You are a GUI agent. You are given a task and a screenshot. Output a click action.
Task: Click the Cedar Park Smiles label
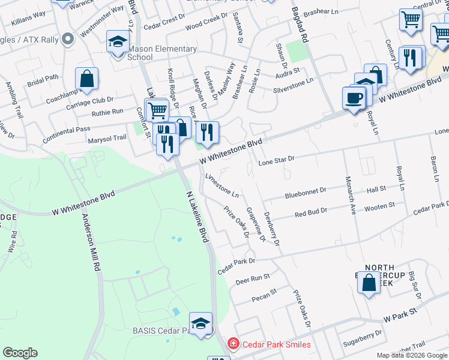click(x=277, y=344)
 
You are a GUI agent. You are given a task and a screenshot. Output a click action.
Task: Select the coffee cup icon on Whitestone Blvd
click(x=354, y=98)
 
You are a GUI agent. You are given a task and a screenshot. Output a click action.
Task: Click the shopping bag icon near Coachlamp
click(x=86, y=79)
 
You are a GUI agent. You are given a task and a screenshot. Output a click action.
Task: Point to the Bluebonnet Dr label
click(x=306, y=191)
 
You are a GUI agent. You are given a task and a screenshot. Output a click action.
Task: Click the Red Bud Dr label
click(x=310, y=212)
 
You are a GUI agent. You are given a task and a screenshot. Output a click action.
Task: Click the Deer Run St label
click(x=253, y=279)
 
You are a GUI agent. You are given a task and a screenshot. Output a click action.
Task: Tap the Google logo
click(x=20, y=353)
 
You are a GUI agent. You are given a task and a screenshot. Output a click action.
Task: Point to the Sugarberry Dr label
click(x=361, y=337)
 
